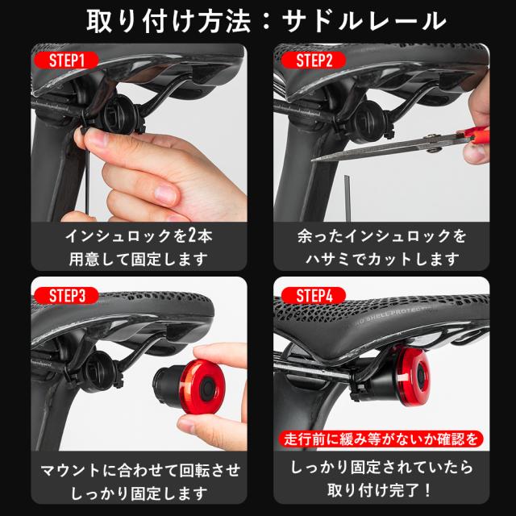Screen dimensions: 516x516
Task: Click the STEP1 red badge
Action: (65, 60)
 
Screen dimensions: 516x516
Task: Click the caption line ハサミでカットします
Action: (381, 260)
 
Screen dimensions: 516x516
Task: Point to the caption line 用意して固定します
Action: (136, 260)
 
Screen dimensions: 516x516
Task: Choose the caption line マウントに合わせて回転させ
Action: (136, 468)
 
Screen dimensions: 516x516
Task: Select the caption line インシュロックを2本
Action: (136, 236)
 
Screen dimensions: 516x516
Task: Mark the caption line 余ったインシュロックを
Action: (381, 236)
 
